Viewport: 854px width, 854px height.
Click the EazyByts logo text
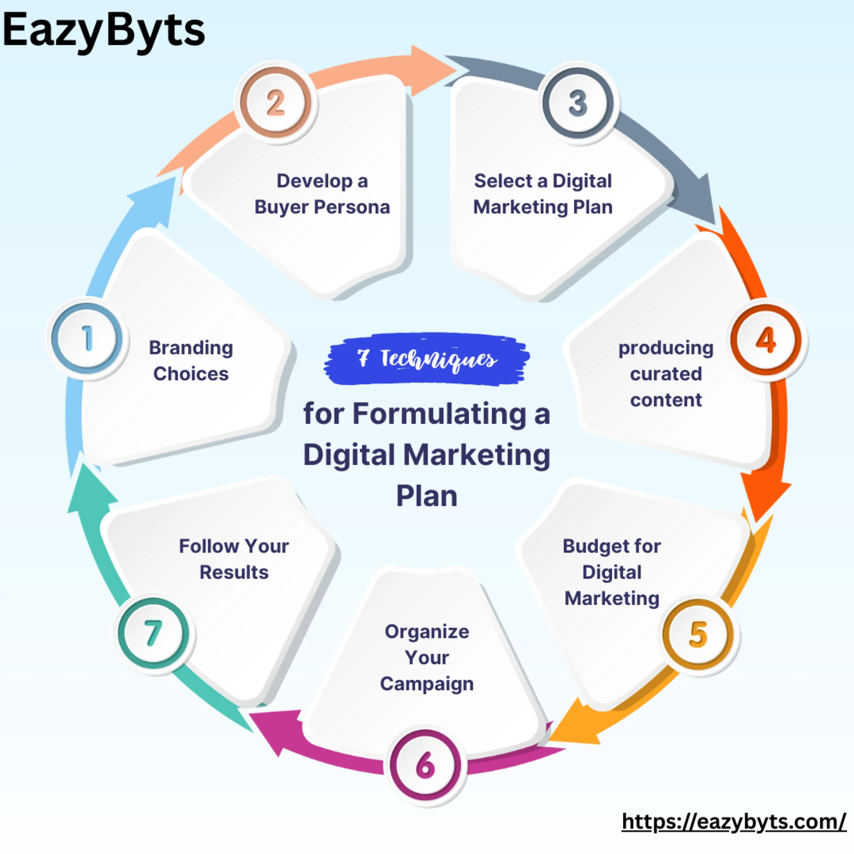103,30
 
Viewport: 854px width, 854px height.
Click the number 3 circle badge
578,103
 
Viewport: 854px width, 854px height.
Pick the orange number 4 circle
765,340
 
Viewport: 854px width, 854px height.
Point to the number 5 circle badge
698,634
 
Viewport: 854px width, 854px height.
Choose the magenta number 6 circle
425,765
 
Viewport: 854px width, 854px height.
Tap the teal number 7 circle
153,633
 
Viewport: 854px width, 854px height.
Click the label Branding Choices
191,361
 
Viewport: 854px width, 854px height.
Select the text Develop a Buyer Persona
322,194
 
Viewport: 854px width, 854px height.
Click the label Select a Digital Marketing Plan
543,194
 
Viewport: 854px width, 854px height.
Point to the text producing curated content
666,374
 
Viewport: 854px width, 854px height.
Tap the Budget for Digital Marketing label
612,572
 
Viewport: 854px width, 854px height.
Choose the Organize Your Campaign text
427,657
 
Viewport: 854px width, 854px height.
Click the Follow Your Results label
234,559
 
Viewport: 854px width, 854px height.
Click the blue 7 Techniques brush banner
427,359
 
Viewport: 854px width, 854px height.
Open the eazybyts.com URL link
733,822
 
